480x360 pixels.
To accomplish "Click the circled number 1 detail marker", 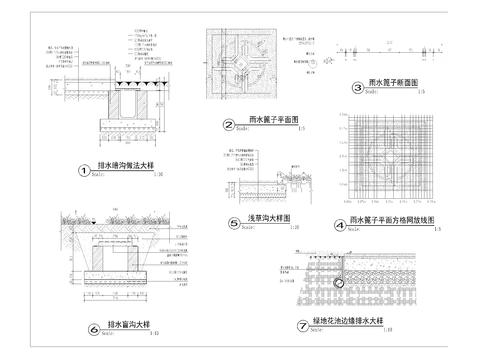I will tap(84, 170).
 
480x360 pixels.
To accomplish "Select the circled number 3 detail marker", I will tap(357, 88).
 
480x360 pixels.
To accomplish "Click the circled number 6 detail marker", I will tap(94, 327).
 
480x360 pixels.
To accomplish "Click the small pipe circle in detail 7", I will tap(338, 283).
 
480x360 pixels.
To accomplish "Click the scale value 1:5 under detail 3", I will tap(421, 93).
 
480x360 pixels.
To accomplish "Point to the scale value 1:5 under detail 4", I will tap(439, 229).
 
